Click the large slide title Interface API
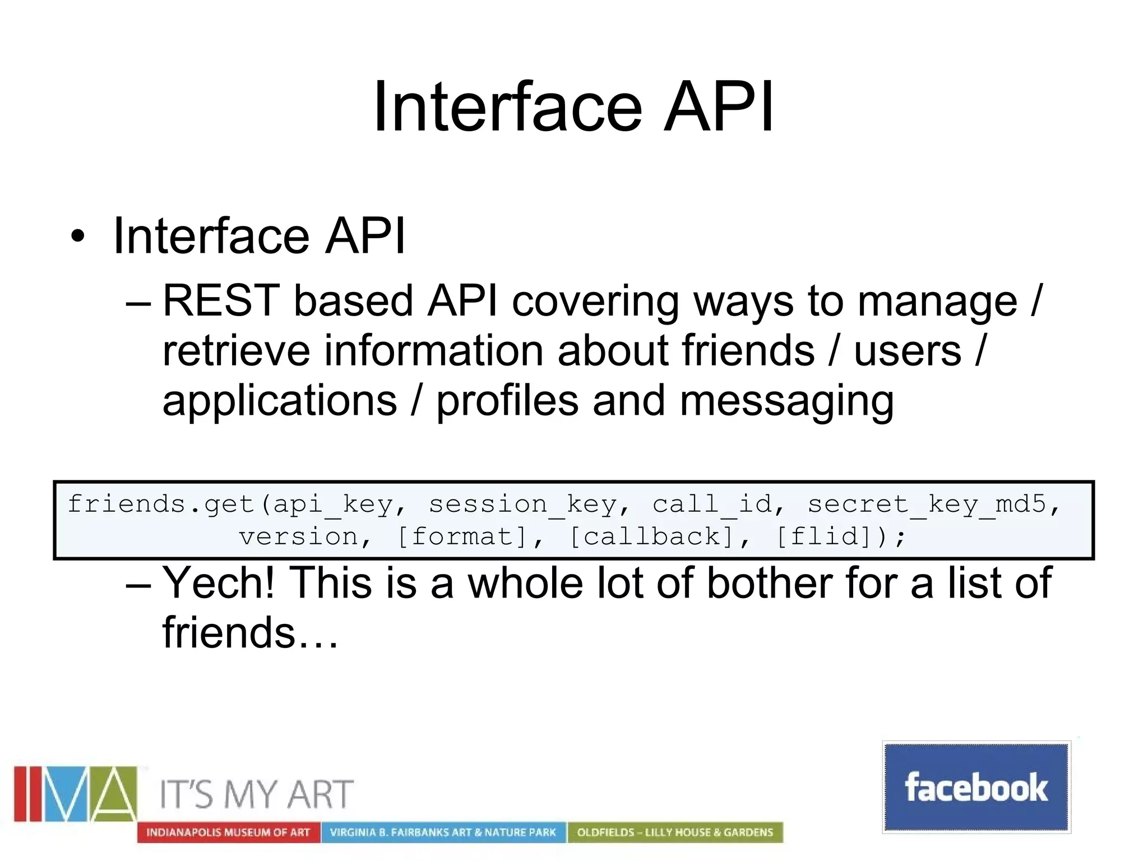[x=573, y=107]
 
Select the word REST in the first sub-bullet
[x=221, y=301]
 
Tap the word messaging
[x=786, y=401]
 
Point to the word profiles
[x=507, y=401]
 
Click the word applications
[x=279, y=401]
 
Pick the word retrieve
[x=235, y=351]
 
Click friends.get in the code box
[x=160, y=504]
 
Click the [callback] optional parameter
[x=651, y=537]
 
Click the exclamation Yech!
[x=219, y=584]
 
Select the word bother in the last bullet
[x=769, y=584]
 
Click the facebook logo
[x=976, y=787]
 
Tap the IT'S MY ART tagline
[x=256, y=794]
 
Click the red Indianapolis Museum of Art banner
[x=228, y=832]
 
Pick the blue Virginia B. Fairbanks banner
[x=443, y=832]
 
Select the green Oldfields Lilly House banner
[x=675, y=832]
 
